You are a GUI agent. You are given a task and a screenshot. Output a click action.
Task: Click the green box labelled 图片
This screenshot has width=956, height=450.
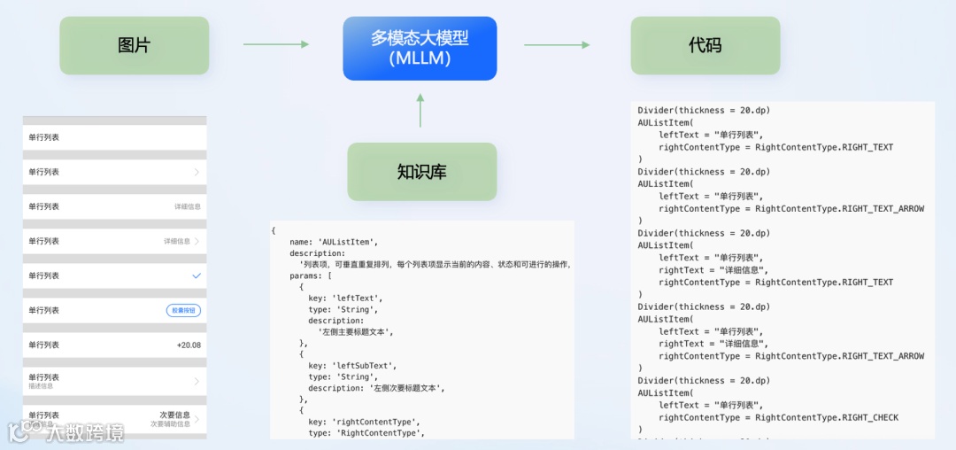click(134, 45)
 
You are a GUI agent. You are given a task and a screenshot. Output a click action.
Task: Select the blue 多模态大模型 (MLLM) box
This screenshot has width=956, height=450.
click(420, 48)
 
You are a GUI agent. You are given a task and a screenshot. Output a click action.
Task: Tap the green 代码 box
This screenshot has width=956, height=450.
click(705, 45)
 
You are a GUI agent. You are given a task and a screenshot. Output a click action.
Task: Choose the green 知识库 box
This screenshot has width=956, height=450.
click(421, 171)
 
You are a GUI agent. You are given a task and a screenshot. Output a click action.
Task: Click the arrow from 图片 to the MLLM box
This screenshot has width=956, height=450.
click(275, 44)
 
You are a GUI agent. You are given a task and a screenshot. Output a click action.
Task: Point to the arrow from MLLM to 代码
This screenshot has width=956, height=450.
click(557, 44)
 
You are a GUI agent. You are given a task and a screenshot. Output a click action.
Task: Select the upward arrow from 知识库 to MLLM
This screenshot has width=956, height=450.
click(420, 111)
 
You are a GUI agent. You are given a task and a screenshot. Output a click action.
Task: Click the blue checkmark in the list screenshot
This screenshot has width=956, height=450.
click(197, 275)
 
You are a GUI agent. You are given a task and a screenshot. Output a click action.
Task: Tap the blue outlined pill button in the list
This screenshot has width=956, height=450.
click(183, 310)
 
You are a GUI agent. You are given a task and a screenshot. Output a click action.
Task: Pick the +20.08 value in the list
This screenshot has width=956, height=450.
click(189, 345)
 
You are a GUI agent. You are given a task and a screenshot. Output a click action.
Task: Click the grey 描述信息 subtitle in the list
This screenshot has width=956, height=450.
click(41, 385)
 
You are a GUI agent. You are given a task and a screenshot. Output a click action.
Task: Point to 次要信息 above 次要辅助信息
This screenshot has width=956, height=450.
click(174, 414)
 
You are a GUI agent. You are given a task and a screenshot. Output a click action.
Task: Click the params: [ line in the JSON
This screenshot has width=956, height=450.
click(311, 275)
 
